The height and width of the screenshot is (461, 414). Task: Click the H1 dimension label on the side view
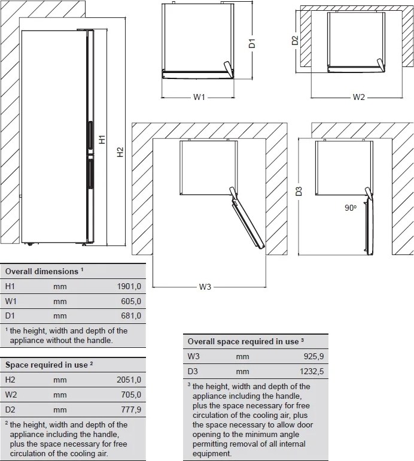(x=102, y=139)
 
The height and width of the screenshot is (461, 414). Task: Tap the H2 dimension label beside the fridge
(x=120, y=152)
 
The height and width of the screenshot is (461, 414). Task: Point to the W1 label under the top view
(x=199, y=97)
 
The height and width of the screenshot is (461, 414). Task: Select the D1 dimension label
(x=252, y=43)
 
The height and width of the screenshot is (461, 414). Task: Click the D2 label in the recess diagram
(x=295, y=40)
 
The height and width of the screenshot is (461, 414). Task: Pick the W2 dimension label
(x=358, y=97)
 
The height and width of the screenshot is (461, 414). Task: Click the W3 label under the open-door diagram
(x=205, y=287)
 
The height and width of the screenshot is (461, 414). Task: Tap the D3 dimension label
(x=299, y=192)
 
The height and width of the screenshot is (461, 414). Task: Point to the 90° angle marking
(x=351, y=208)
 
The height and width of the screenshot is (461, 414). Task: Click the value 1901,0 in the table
(x=129, y=286)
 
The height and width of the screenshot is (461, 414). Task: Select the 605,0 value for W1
(x=131, y=301)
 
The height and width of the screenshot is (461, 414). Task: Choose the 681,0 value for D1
(x=131, y=316)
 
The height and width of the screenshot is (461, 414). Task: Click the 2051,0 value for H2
(x=129, y=380)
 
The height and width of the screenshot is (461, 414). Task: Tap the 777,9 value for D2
(x=131, y=410)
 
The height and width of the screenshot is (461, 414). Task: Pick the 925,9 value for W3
(x=314, y=356)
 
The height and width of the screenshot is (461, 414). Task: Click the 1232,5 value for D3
(x=312, y=371)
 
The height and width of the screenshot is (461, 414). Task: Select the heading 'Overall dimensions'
(x=42, y=271)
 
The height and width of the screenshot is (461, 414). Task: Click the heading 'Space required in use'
(x=47, y=365)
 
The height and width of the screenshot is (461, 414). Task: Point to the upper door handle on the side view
(x=90, y=134)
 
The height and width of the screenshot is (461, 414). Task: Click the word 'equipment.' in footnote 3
(x=212, y=453)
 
